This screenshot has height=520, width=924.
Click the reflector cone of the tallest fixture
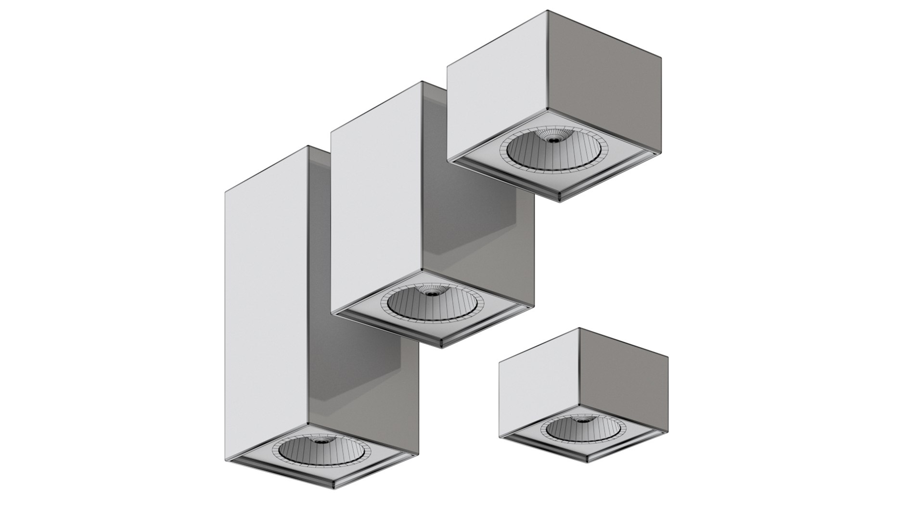320,455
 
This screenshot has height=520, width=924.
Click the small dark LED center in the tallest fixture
320,441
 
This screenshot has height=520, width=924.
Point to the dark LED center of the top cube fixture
554,140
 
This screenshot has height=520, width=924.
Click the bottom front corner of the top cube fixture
559,201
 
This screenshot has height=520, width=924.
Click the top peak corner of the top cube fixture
550,11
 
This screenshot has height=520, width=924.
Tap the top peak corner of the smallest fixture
579,328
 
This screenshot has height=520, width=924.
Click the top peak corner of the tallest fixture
308,146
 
